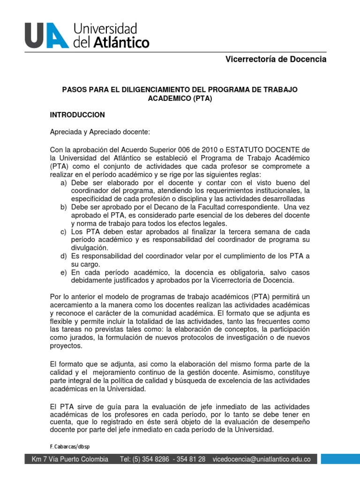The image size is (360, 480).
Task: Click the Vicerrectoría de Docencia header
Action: pyautogui.click(x=276, y=60)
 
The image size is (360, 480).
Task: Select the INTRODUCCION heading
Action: pyautogui.click(x=77, y=115)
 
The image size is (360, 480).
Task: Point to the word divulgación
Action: pyautogui.click(x=89, y=247)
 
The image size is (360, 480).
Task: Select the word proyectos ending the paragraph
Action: pyautogui.click(x=66, y=346)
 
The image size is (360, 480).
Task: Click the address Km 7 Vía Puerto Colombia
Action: pyautogui.click(x=69, y=459)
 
